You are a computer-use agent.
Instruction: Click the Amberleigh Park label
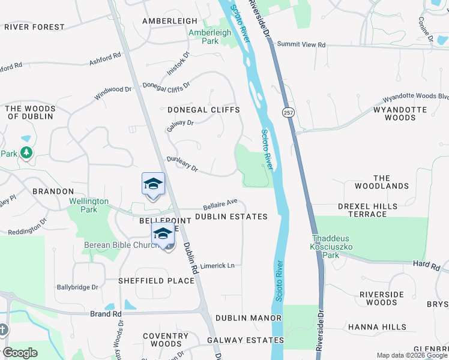[209, 37]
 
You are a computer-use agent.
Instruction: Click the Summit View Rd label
[301, 45]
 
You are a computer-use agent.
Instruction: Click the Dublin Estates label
[231, 217]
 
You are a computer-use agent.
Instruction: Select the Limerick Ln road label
[217, 265]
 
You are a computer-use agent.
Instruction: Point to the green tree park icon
[26, 153]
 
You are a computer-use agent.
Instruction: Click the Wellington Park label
[88, 205]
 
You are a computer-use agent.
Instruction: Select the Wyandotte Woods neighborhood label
[400, 114]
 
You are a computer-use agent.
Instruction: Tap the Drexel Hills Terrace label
[367, 210]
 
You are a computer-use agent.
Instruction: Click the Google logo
[20, 353]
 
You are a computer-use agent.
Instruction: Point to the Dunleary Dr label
[182, 164]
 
